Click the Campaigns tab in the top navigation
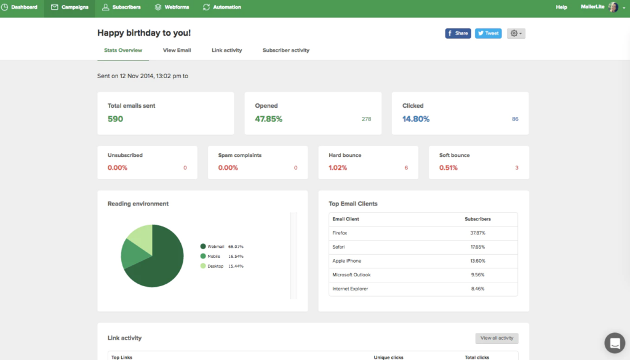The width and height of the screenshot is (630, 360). pos(70,7)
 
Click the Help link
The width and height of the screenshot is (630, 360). pos(561,7)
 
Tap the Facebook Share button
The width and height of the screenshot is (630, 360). pos(458,33)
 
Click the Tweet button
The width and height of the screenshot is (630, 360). pos(488,33)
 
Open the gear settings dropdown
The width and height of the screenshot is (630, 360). pos(516,33)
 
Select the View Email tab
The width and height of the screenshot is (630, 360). pos(177,50)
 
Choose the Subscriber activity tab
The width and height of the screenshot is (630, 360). pos(285,50)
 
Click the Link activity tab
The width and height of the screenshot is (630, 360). pos(226,50)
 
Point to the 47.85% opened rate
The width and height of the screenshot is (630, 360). pos(268,119)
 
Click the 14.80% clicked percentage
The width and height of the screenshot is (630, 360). pos(416,119)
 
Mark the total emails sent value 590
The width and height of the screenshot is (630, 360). pos(115,119)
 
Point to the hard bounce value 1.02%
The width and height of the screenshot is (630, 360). pos(338,167)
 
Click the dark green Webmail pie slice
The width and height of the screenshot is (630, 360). pos(160,262)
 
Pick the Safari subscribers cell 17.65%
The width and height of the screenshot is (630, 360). pos(477,247)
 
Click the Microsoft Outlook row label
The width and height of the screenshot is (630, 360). pos(351,275)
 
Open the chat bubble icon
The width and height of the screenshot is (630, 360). pos(614,343)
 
